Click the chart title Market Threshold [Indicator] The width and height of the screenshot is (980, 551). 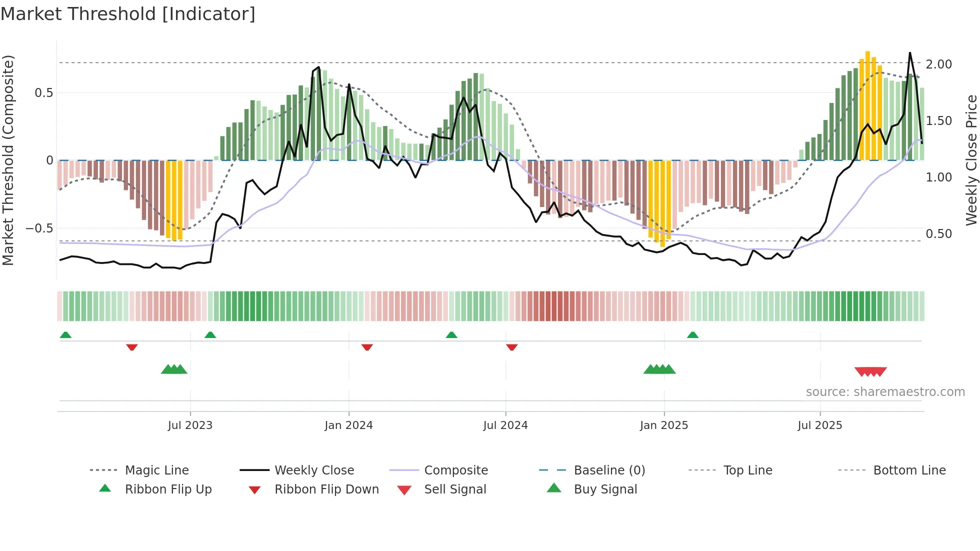click(x=128, y=14)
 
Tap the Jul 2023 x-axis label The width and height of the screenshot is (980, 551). click(x=190, y=425)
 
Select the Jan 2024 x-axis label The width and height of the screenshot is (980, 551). click(x=348, y=425)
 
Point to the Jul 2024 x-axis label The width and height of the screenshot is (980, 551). click(x=505, y=425)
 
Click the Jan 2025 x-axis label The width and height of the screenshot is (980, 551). click(x=664, y=425)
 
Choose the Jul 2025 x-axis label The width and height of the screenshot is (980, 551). click(x=820, y=425)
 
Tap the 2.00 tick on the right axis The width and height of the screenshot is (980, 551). click(x=938, y=64)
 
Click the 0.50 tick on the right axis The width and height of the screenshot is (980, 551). click(x=938, y=234)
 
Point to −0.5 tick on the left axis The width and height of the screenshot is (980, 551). click(x=39, y=228)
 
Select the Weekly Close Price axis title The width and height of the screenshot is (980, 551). click(x=971, y=160)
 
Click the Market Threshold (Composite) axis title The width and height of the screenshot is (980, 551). click(x=8, y=160)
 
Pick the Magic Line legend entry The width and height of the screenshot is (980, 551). click(x=156, y=470)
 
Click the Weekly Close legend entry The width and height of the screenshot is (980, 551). click(x=314, y=470)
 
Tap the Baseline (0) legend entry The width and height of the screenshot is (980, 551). click(x=609, y=470)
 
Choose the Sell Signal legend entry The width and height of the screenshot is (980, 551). click(x=455, y=489)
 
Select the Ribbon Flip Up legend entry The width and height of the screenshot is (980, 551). click(x=168, y=489)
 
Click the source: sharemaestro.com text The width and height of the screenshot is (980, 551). click(x=885, y=392)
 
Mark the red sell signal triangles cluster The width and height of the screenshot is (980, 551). click(x=870, y=371)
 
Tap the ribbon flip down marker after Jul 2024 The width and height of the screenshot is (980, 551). click(x=511, y=347)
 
